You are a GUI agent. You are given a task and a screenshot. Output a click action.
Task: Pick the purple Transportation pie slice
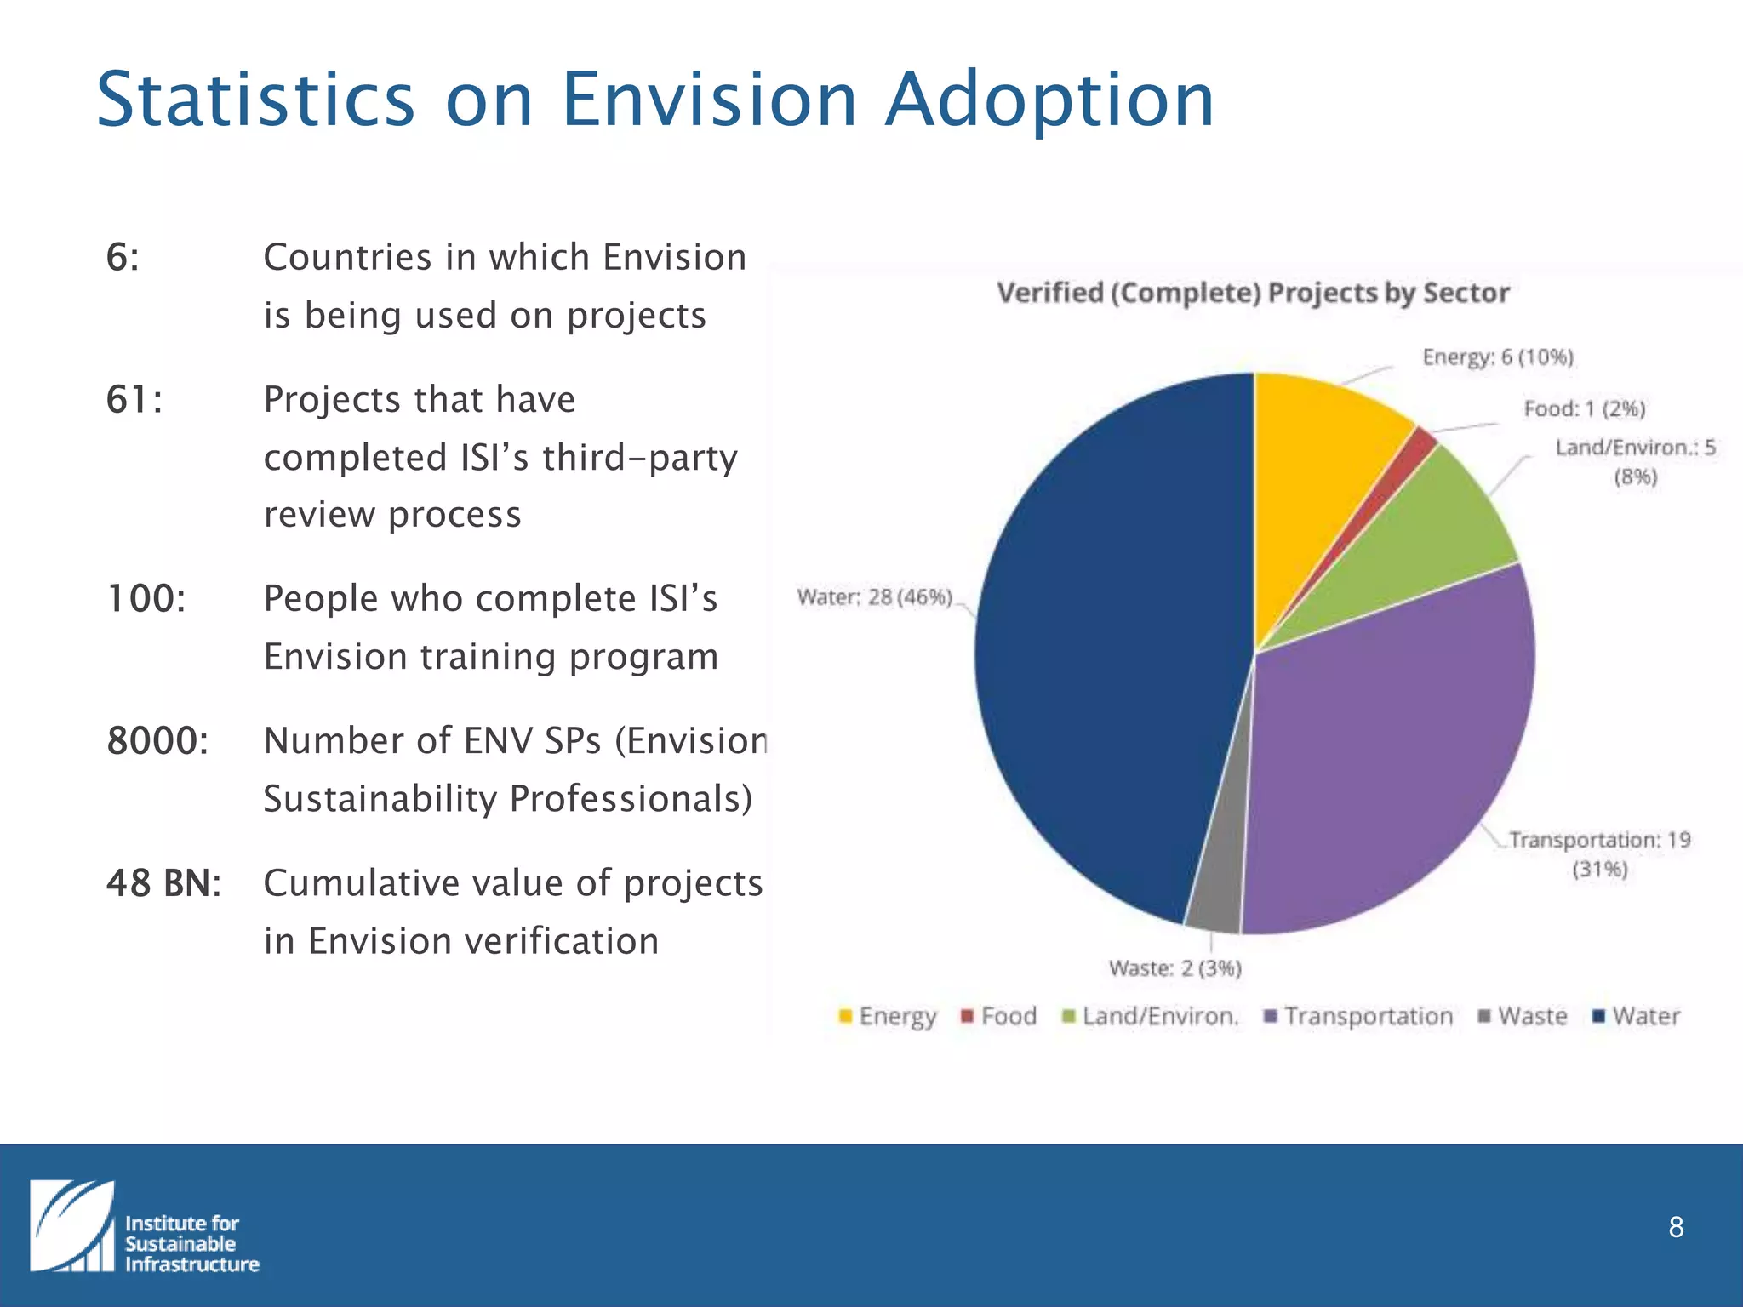click(1396, 749)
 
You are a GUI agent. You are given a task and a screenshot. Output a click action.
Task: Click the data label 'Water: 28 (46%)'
click(874, 597)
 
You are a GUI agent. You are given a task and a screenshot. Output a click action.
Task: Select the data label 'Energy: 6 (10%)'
click(1498, 357)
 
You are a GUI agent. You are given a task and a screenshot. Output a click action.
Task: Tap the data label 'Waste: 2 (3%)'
click(1174, 968)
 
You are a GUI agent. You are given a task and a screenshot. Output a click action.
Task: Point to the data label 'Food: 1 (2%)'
click(1584, 409)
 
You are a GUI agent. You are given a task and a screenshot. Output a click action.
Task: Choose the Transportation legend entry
click(1358, 1016)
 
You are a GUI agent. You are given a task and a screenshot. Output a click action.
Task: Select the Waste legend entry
click(1523, 1016)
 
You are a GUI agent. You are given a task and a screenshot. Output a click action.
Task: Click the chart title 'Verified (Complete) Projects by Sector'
click(1253, 293)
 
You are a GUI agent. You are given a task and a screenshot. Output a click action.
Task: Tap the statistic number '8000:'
click(157, 741)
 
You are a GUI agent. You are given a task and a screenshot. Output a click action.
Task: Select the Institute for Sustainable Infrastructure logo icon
click(72, 1226)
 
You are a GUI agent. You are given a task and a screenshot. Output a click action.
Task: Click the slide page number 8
click(1676, 1227)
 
